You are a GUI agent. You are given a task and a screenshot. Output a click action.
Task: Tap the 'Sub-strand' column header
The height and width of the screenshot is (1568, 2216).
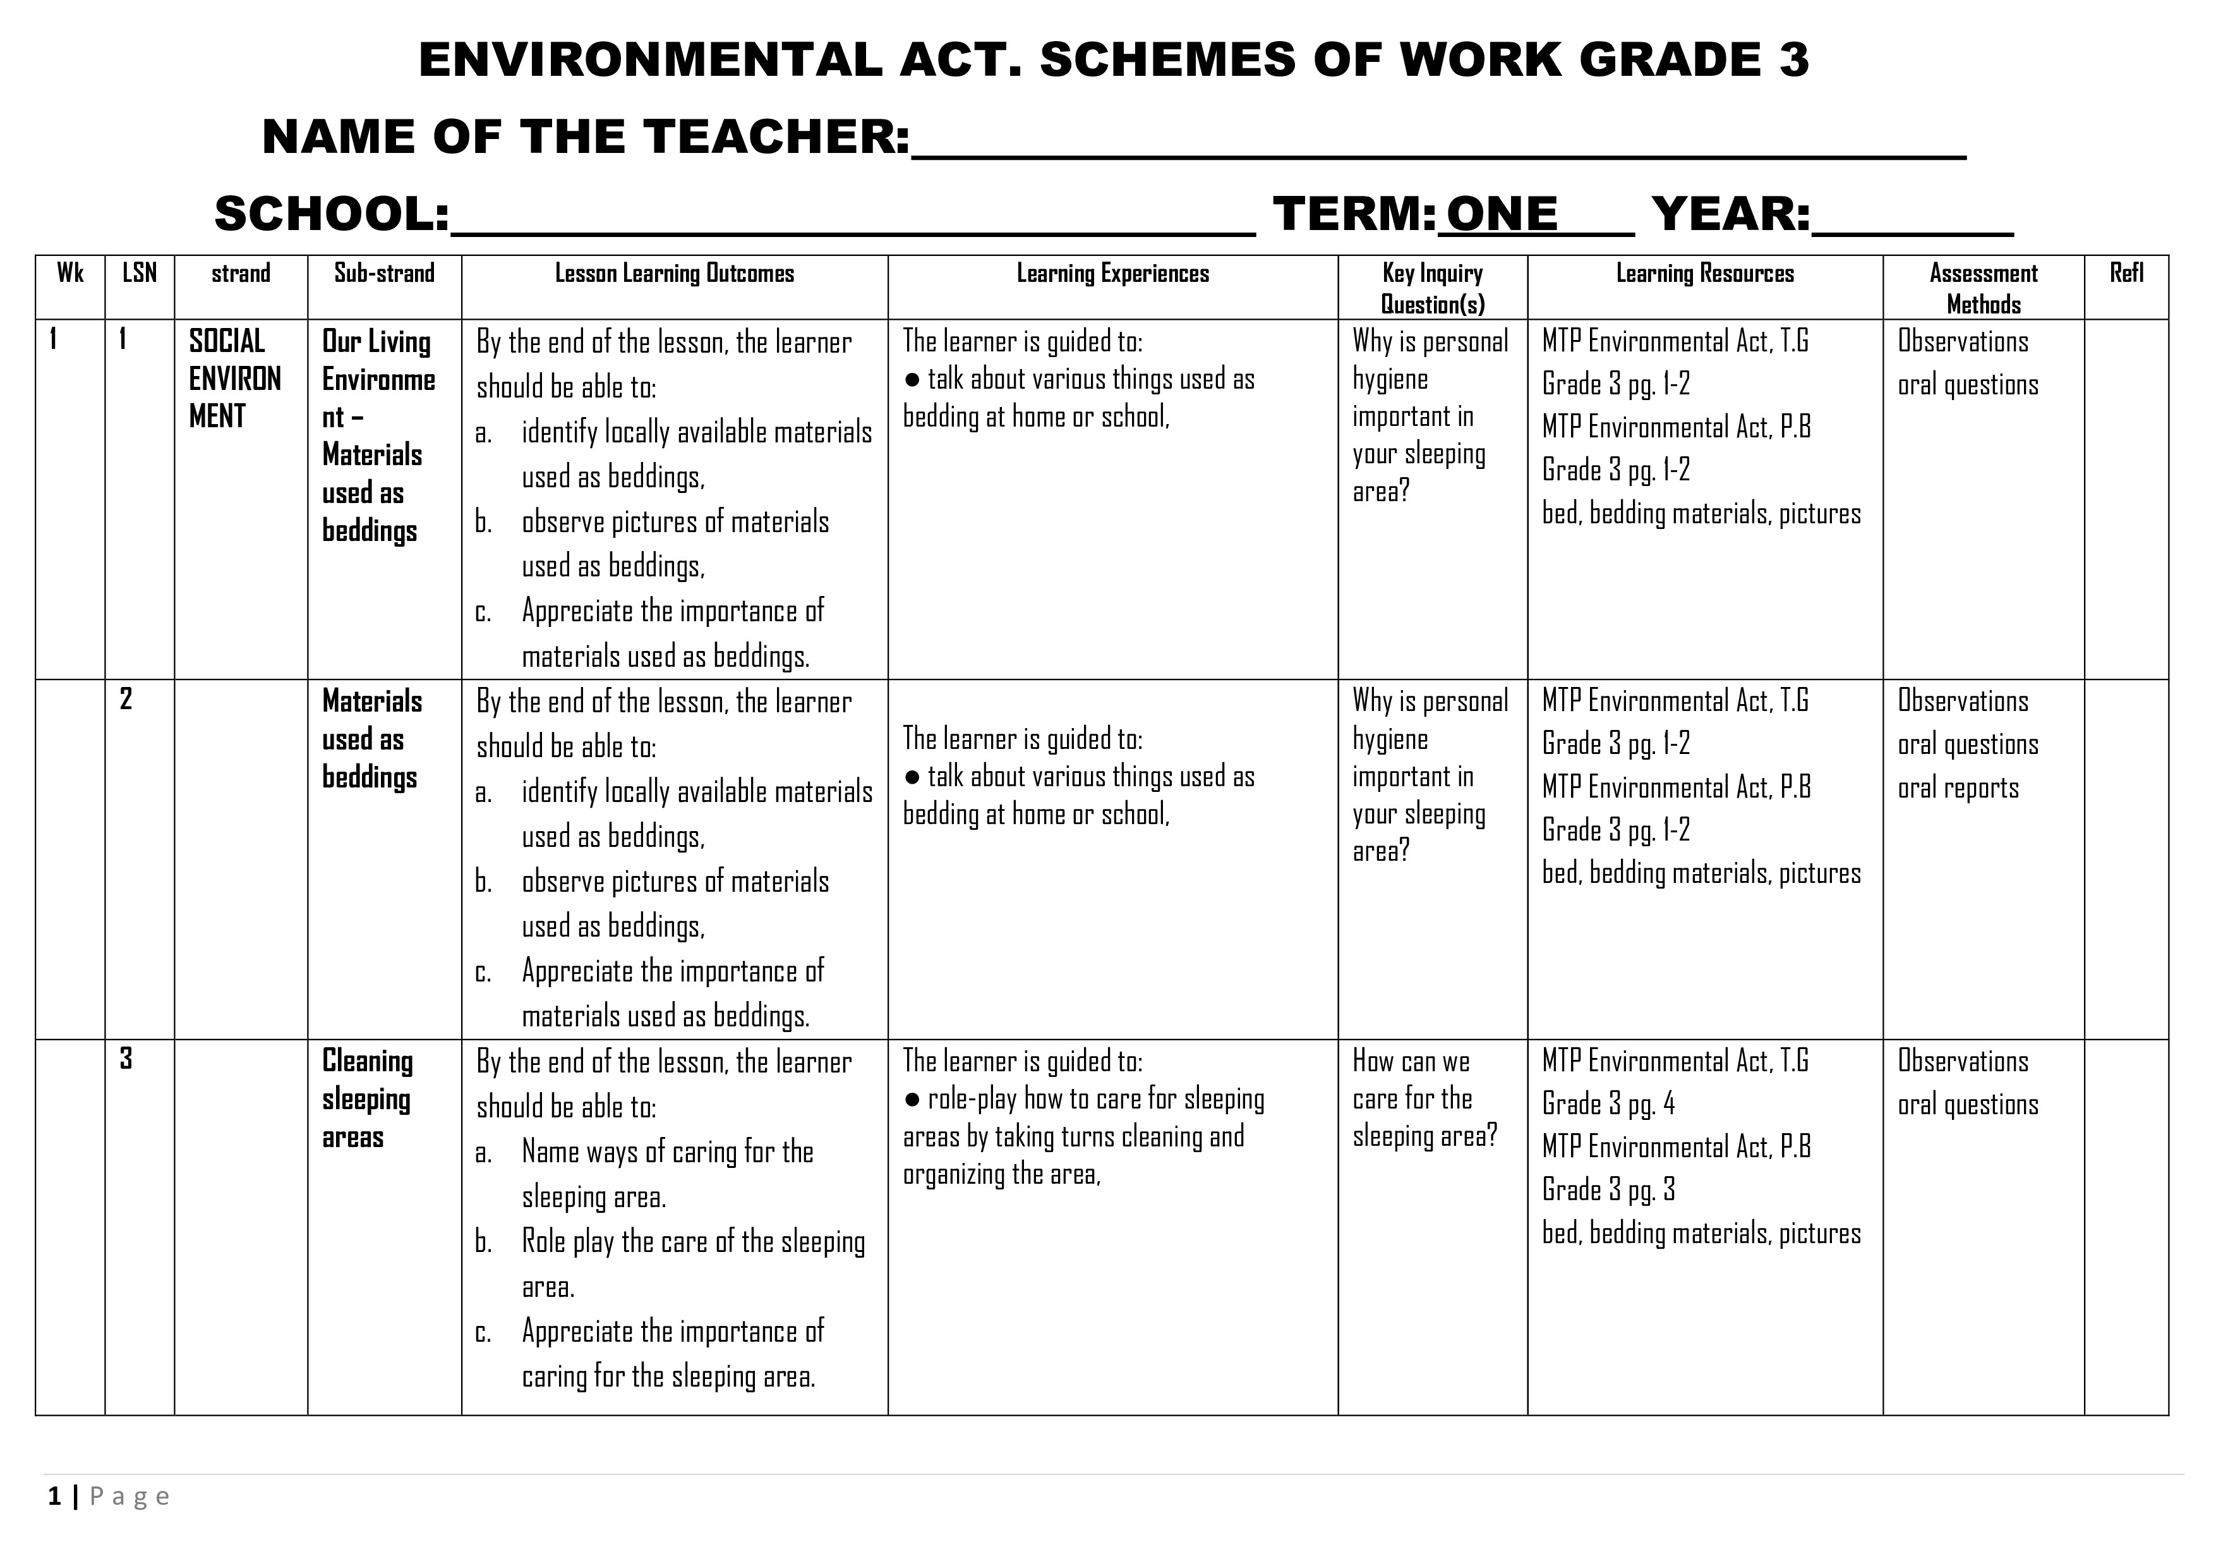(x=384, y=273)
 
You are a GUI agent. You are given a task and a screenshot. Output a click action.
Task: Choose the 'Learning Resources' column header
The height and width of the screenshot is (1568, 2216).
(x=1704, y=273)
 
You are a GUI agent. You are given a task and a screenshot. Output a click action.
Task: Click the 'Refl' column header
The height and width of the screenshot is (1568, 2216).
(x=2126, y=273)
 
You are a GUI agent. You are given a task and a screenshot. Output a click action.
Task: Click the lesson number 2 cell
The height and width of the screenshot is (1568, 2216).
(x=126, y=699)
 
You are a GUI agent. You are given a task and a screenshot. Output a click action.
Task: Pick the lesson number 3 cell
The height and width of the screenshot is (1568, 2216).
(x=126, y=1059)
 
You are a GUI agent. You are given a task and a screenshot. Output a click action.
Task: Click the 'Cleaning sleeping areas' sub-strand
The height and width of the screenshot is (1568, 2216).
(x=367, y=1099)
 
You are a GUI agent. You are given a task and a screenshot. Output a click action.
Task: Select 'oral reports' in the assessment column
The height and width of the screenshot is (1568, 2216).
(x=1958, y=788)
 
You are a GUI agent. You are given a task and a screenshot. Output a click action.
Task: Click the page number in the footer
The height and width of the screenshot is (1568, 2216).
(x=55, y=1497)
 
